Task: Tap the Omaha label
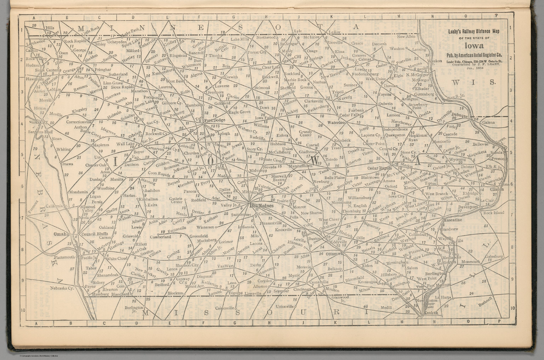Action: (61, 234)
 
